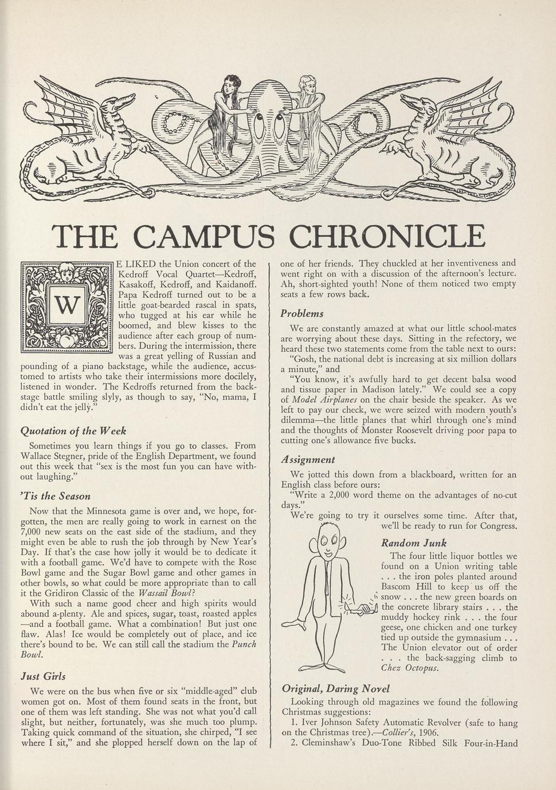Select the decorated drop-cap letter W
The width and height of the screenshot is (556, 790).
pyautogui.click(x=66, y=306)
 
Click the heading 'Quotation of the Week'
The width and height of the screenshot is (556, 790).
pyautogui.click(x=73, y=431)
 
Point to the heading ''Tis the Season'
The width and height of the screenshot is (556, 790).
pyautogui.click(x=55, y=496)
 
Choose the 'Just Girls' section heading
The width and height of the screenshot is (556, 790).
pyautogui.click(x=42, y=676)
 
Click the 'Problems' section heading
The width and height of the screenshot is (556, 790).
pyautogui.click(x=302, y=313)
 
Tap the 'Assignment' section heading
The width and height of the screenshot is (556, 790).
pyautogui.click(x=308, y=459)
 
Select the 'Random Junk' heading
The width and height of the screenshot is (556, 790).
pyautogui.click(x=414, y=543)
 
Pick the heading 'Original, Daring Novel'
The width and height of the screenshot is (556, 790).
pyautogui.click(x=336, y=689)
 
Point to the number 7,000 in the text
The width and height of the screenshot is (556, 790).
pyautogui.click(x=33, y=532)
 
